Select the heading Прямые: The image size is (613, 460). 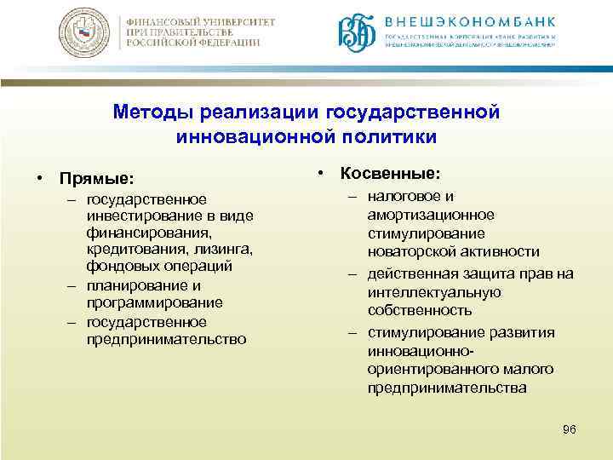(96, 180)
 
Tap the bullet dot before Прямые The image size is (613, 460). (40, 180)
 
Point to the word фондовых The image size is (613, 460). (116, 266)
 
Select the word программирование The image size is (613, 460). (154, 302)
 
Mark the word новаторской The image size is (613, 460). (409, 251)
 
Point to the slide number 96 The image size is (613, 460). (570, 430)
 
